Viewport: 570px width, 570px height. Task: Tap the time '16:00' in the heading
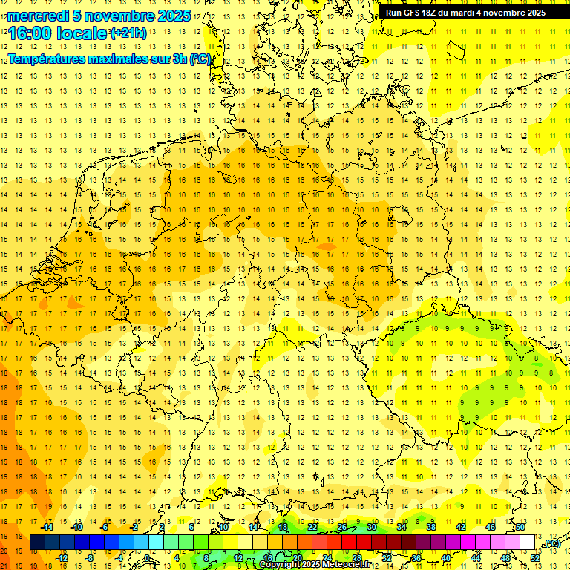coord(30,33)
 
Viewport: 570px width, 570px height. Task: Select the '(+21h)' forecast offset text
coord(128,33)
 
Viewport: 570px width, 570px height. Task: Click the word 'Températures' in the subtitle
coord(50,59)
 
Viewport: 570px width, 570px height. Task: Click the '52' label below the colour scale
coord(535,558)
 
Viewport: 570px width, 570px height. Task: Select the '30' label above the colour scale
coord(372,527)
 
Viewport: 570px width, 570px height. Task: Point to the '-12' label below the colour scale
coord(62,558)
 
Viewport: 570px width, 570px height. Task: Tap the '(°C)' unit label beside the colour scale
coord(552,543)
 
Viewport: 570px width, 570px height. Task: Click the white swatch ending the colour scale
coord(528,543)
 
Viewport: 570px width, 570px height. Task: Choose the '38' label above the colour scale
coord(430,527)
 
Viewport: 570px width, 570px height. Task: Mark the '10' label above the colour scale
coord(223,527)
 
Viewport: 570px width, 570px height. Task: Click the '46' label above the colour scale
coord(490,527)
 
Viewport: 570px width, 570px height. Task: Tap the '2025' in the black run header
coord(534,13)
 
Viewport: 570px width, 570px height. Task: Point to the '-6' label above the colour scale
coord(105,527)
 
